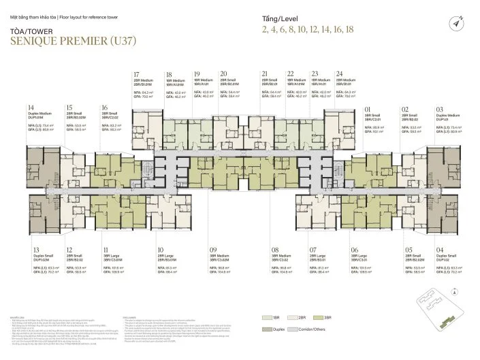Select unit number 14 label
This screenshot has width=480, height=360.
31,108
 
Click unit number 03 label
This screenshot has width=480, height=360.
440,108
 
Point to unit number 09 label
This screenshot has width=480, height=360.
213,231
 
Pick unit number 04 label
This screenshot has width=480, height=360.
440,231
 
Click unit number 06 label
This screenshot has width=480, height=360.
354,231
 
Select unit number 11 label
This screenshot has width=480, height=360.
106,231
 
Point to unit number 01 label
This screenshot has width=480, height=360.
368,108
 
